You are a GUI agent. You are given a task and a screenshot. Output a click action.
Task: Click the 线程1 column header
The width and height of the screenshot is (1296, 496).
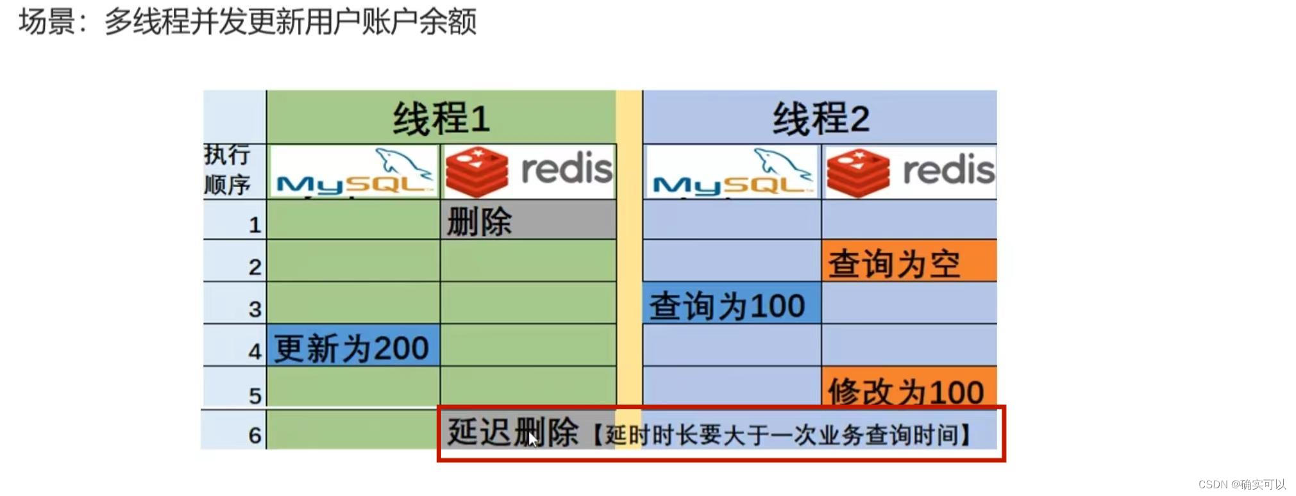point(441,118)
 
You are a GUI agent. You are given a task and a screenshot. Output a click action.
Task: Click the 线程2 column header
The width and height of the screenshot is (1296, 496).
point(820,118)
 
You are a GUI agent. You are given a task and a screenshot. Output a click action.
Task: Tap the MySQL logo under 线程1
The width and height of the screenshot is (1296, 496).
point(353,171)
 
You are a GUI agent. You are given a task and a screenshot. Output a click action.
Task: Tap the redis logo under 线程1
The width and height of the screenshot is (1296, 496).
point(528,171)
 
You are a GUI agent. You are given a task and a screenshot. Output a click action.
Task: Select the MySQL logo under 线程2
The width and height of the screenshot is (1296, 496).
point(732,171)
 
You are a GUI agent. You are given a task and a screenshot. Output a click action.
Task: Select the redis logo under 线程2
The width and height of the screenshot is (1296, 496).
point(909,171)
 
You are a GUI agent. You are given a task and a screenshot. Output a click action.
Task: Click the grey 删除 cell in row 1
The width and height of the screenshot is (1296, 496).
point(528,220)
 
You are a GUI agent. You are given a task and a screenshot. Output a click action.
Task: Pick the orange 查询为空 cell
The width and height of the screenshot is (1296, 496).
point(909,262)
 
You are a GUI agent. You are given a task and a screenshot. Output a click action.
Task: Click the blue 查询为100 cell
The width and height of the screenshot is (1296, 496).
point(731,304)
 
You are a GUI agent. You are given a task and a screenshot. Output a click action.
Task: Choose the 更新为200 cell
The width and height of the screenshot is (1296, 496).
point(353,347)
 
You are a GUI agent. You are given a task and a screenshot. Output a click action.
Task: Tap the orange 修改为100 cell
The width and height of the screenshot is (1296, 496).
point(909,388)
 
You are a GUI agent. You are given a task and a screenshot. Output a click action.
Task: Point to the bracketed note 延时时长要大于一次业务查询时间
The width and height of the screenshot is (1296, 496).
point(782,434)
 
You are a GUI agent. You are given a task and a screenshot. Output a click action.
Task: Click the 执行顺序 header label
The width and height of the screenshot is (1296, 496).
point(228,170)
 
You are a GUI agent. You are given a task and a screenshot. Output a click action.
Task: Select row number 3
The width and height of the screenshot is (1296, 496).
point(255,309)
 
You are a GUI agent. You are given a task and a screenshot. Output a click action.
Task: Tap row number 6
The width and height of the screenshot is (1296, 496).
point(255,435)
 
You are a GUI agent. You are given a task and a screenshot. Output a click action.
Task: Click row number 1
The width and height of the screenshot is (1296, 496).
point(255,225)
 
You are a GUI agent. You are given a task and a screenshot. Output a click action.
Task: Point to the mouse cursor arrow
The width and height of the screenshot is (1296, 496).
point(532,440)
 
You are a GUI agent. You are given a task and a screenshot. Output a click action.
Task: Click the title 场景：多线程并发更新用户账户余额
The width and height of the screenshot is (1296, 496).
point(248,22)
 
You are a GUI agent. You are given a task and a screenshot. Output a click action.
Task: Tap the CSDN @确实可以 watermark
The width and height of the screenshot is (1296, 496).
point(1241,484)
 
